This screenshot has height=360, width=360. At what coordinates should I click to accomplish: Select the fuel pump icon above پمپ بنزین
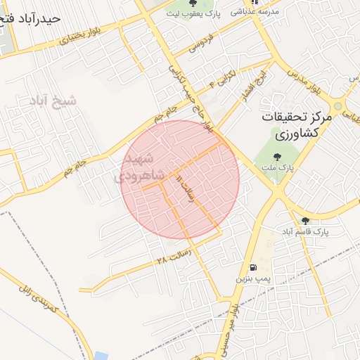[x=252, y=267]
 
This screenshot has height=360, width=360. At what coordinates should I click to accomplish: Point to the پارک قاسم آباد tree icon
[x=304, y=220]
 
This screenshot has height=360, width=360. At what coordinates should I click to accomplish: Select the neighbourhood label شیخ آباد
[x=53, y=102]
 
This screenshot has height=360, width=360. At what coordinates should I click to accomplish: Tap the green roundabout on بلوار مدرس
[x=337, y=107]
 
